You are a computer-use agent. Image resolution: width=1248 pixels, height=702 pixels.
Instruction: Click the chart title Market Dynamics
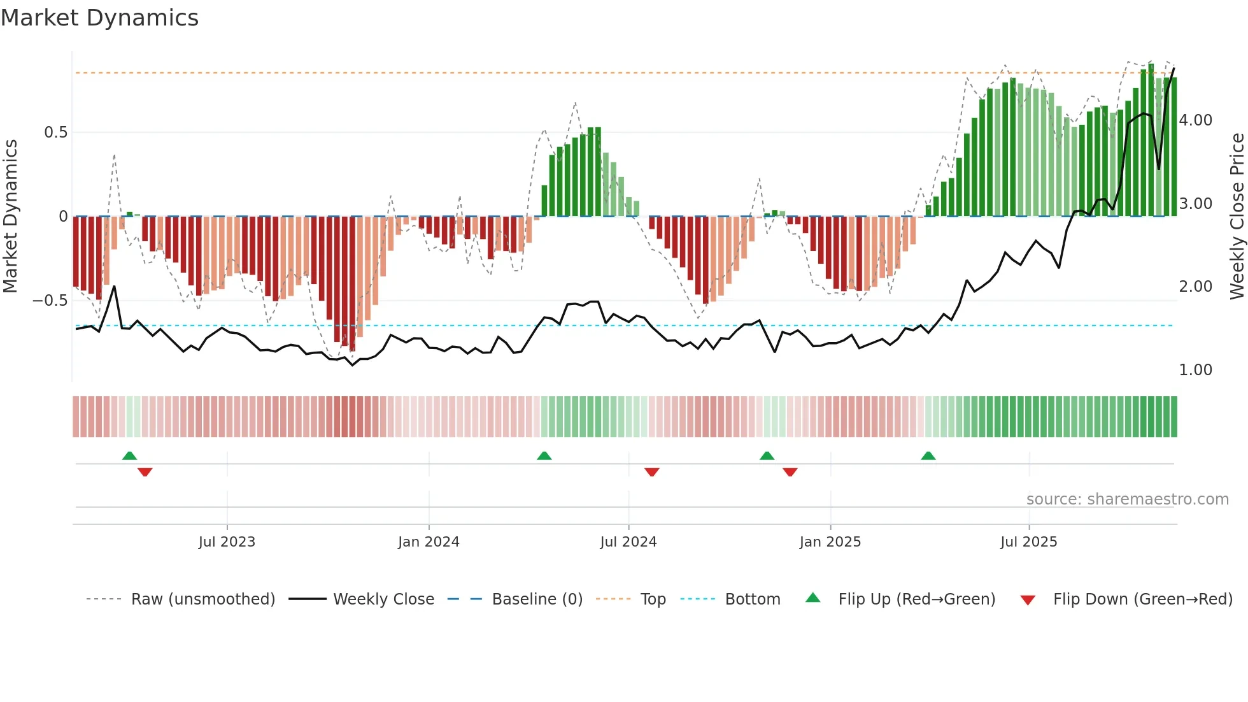click(x=99, y=18)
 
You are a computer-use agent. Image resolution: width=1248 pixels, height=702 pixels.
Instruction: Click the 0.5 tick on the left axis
click(x=56, y=133)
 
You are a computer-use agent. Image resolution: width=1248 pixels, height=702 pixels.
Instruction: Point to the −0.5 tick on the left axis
click(x=50, y=301)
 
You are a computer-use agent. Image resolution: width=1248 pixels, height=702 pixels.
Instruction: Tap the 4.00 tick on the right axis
click(x=1195, y=120)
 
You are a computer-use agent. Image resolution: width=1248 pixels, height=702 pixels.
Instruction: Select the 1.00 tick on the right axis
click(x=1195, y=370)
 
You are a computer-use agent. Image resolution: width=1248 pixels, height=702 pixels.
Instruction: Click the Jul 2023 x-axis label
click(x=227, y=542)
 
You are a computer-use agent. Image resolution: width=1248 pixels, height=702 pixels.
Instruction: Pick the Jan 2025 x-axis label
click(x=830, y=542)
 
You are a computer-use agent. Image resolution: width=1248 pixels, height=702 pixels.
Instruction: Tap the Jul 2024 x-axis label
click(x=628, y=542)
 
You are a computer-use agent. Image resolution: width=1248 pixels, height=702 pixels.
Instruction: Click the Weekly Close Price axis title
click(x=1237, y=216)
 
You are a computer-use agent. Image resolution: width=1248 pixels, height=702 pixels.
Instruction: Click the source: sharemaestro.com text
click(x=1127, y=499)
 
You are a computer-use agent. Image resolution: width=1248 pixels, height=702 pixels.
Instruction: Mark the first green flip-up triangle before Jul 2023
click(x=129, y=455)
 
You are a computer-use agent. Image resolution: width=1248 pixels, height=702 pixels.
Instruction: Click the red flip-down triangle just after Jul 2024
click(x=651, y=472)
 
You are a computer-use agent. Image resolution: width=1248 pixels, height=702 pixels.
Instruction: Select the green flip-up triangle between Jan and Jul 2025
click(x=928, y=455)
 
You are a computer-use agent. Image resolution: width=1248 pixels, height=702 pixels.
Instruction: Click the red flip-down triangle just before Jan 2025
click(x=790, y=472)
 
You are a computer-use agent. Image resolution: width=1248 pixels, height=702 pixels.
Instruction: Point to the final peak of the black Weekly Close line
click(x=1174, y=69)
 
